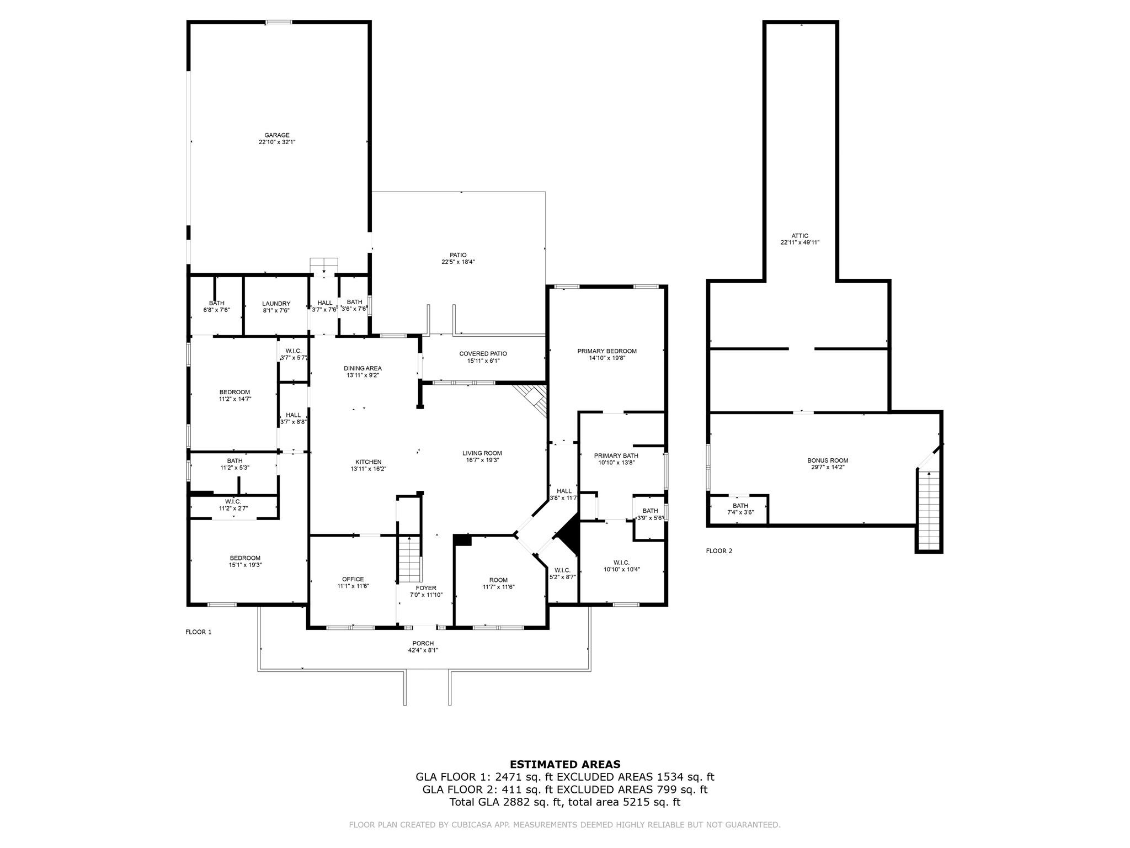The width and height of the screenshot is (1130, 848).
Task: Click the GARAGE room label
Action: [x=277, y=139]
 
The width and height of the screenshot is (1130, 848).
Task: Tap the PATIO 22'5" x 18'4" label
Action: [x=458, y=258]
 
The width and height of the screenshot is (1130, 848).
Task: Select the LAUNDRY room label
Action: [x=276, y=307]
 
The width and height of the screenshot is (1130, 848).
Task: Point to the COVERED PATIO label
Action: [x=483, y=357]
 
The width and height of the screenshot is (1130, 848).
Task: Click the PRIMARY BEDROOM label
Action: [x=607, y=354]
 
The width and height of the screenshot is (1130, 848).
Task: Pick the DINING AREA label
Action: [x=363, y=372]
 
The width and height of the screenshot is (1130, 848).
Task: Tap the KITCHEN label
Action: [x=368, y=465]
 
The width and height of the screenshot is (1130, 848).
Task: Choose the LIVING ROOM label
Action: [x=482, y=457]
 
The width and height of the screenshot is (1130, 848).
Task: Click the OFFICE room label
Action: [x=353, y=582]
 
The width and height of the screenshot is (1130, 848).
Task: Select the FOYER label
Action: [x=426, y=591]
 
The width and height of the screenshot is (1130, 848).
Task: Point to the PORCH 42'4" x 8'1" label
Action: [x=423, y=646]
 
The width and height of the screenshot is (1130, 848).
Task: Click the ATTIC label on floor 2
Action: [x=799, y=239]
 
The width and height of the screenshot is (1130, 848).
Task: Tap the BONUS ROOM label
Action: [x=828, y=464]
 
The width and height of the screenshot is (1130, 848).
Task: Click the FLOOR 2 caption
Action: [x=719, y=551]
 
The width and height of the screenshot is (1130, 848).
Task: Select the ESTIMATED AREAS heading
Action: [x=565, y=765]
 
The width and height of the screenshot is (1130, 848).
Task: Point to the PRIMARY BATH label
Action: [x=616, y=459]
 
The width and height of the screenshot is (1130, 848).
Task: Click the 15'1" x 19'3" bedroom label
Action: [x=245, y=561]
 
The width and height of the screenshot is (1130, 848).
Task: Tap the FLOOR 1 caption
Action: [x=198, y=632]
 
